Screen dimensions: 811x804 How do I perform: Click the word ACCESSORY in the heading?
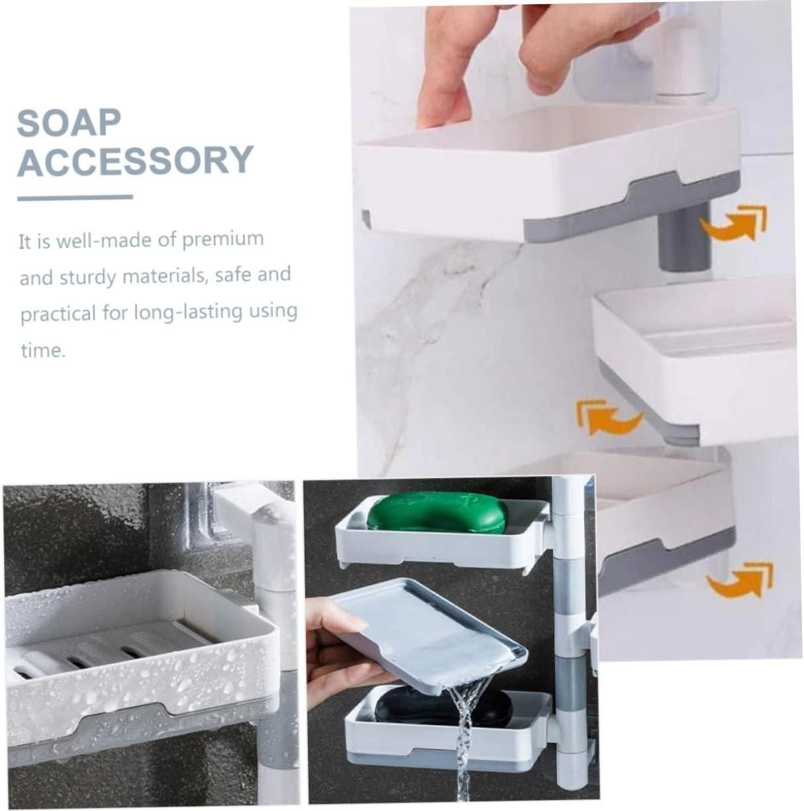pyautogui.click(x=135, y=160)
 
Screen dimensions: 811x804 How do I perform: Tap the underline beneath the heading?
pyautogui.click(x=74, y=197)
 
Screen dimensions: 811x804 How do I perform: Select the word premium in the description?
pyautogui.click(x=223, y=238)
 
